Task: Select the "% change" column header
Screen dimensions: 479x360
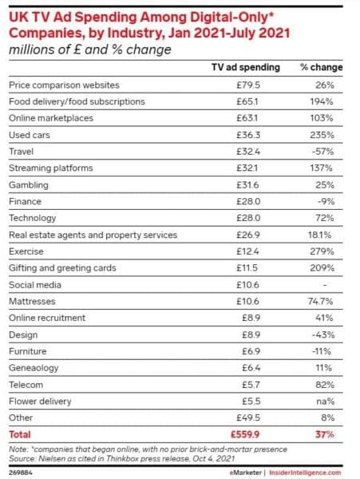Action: (x=316, y=67)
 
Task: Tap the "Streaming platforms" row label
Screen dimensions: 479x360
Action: (x=50, y=168)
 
